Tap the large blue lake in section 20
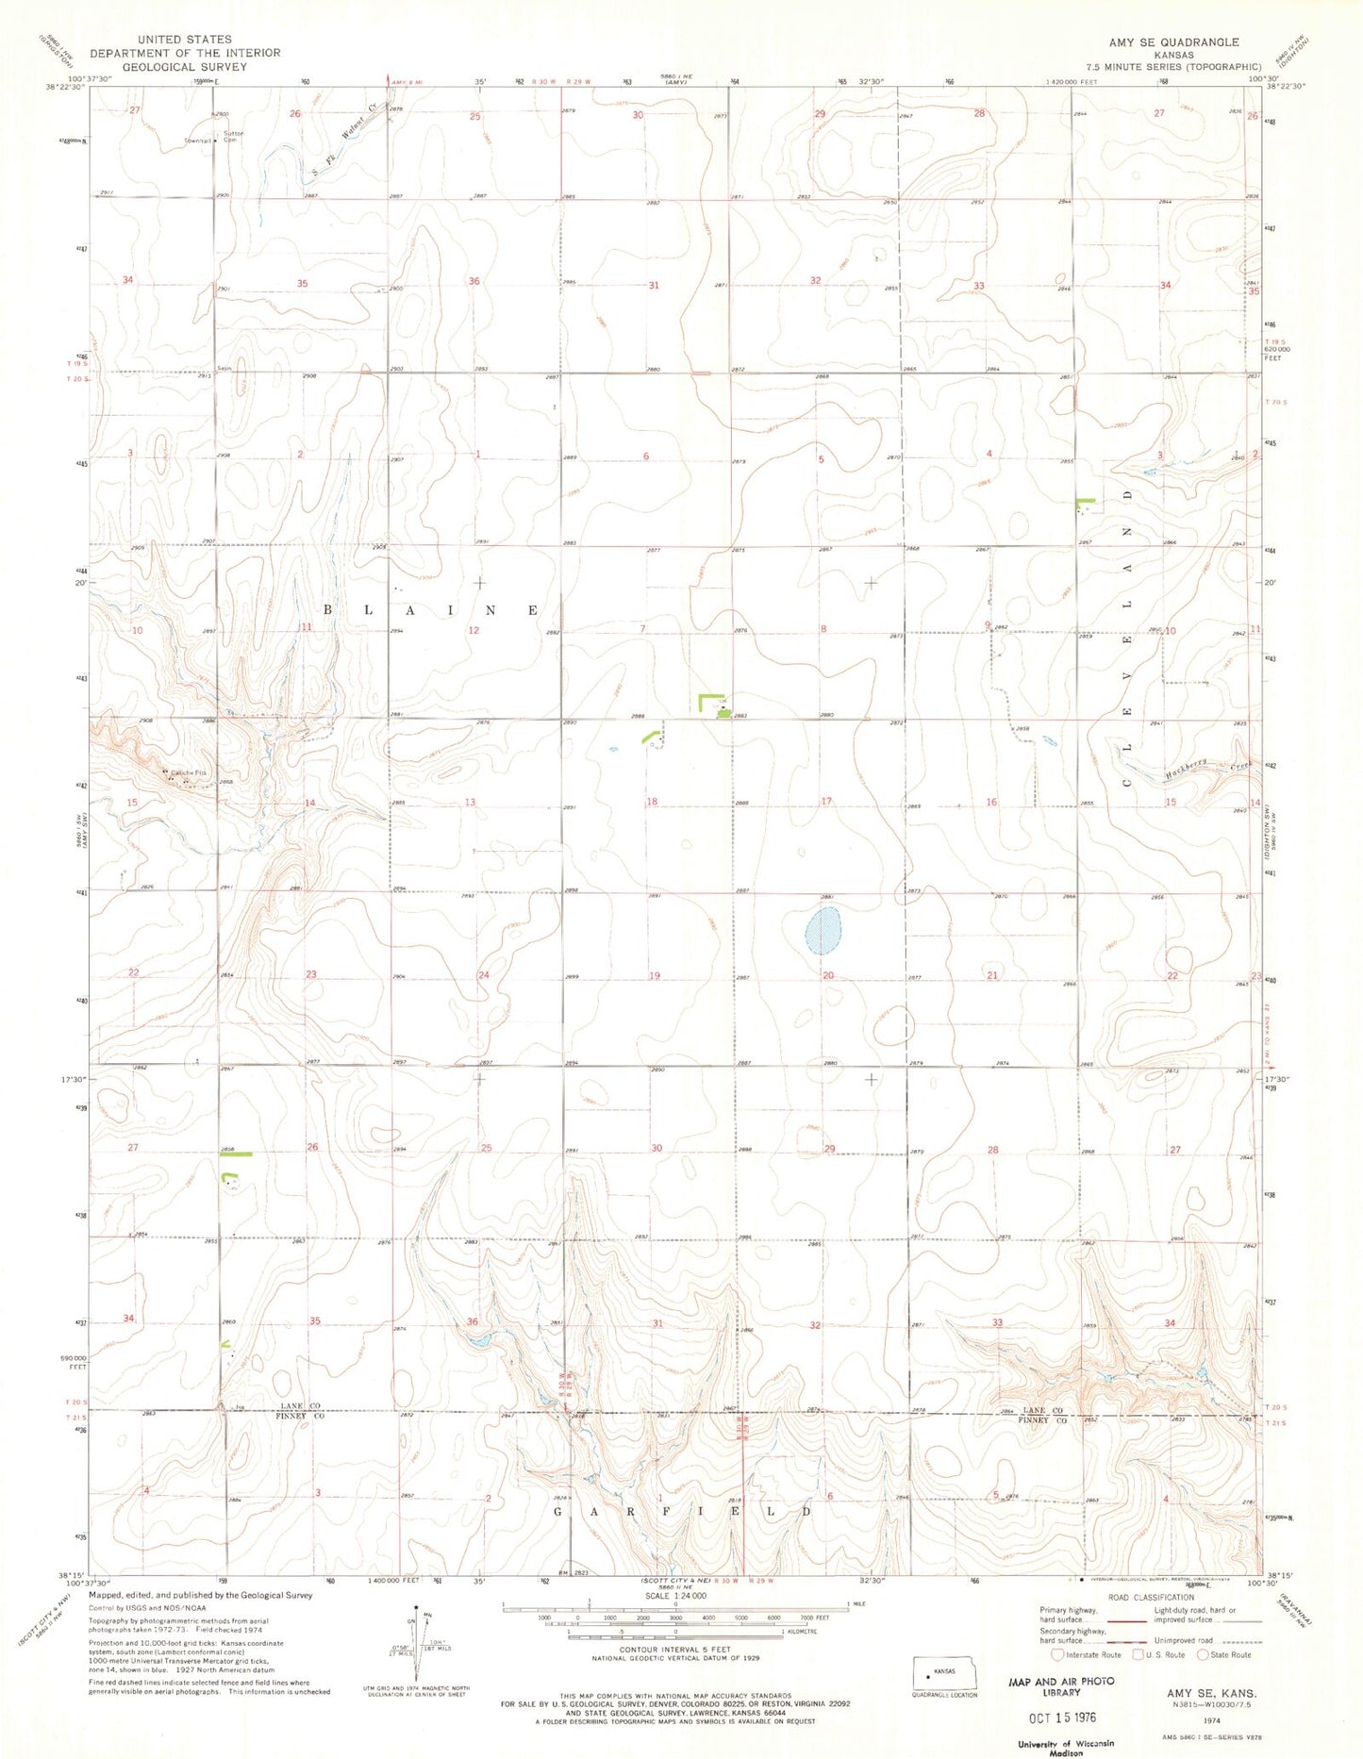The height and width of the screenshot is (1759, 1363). click(823, 931)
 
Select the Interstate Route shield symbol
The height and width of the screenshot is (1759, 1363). click(1057, 1654)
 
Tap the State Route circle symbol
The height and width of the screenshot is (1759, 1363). click(1203, 1654)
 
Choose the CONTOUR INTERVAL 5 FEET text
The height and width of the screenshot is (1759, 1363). click(674, 1650)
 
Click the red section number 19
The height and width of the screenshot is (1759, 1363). click(655, 976)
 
